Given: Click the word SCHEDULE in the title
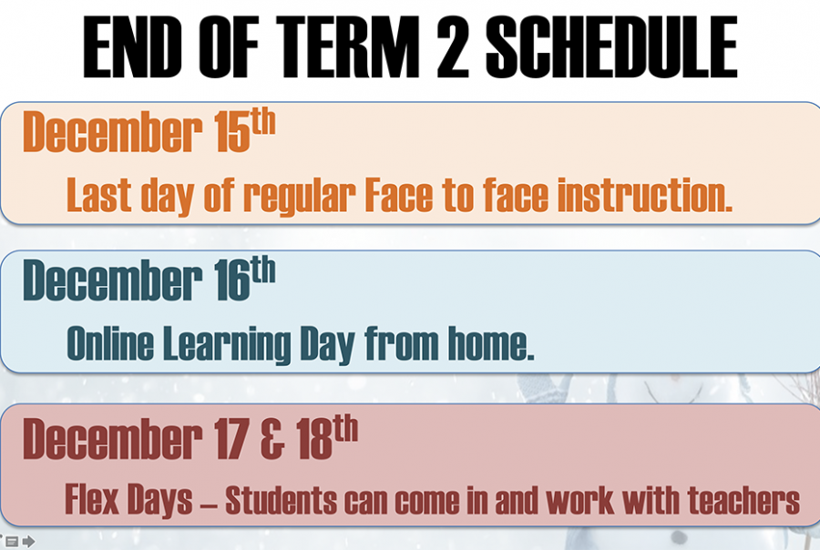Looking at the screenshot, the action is (611, 46).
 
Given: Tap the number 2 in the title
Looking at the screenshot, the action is (452, 46).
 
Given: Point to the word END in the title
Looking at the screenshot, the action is (132, 46).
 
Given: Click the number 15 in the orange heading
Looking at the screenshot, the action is (232, 132).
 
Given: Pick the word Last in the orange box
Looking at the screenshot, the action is (98, 195).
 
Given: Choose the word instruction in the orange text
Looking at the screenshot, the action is (645, 195).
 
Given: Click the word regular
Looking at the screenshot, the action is (300, 197).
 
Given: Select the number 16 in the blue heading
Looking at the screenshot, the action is (232, 280).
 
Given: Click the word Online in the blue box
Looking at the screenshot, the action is (110, 343).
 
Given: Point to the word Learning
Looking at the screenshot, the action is (227, 345).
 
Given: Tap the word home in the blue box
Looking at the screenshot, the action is (491, 343).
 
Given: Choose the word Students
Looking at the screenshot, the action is (282, 500).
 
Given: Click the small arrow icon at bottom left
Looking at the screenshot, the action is (29, 542).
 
